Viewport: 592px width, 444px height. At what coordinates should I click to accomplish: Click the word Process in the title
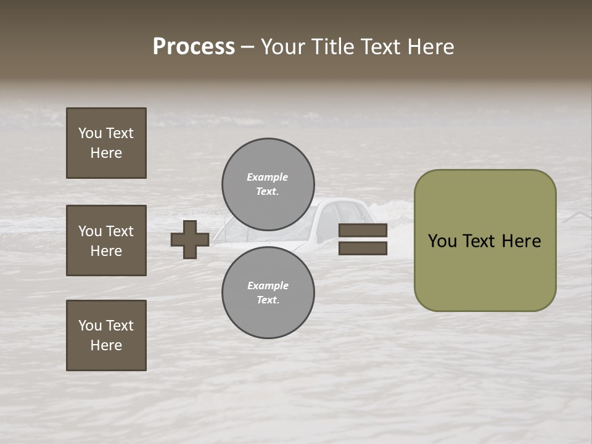(x=194, y=47)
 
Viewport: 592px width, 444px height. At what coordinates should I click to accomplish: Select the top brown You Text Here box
(x=106, y=143)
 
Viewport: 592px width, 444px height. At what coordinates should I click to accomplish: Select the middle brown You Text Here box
(x=106, y=240)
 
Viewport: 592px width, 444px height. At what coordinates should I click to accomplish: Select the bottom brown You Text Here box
(x=106, y=335)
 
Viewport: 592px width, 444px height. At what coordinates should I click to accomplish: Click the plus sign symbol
(x=190, y=239)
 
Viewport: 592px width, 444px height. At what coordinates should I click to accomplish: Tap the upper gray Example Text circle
(x=268, y=184)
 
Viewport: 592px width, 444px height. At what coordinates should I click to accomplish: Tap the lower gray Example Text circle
(x=268, y=293)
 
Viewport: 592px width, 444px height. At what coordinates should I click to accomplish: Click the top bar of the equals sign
(x=363, y=231)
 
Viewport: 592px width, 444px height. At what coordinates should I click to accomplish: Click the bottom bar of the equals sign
(x=363, y=249)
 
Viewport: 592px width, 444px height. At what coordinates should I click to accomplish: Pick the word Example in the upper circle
(x=267, y=177)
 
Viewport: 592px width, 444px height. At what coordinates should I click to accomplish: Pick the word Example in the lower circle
(x=268, y=286)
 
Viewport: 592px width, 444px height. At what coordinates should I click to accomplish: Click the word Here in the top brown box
(x=106, y=153)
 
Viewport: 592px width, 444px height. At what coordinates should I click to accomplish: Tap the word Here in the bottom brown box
(x=106, y=345)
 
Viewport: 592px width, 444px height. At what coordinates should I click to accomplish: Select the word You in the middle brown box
(x=89, y=231)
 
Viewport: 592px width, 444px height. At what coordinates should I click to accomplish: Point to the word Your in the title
(x=282, y=47)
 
